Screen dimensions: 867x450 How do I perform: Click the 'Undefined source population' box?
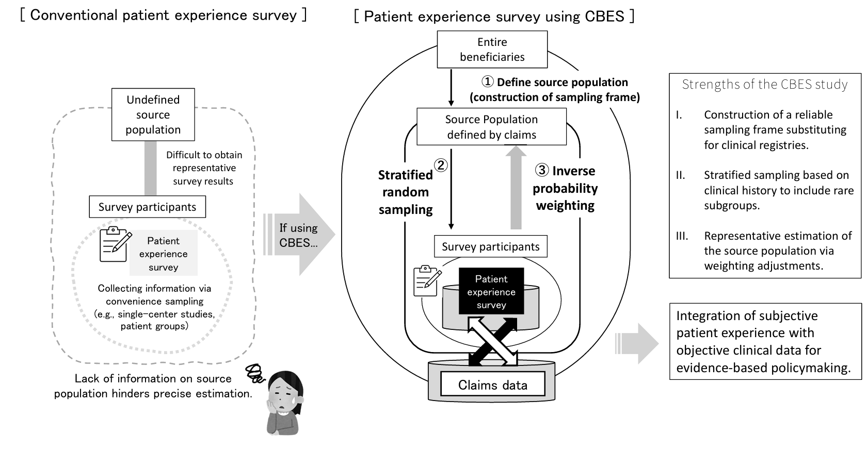[153, 114]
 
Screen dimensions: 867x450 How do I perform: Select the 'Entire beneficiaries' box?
[492, 49]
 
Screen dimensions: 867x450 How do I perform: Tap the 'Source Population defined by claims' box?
[491, 127]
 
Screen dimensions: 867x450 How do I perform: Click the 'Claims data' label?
[492, 385]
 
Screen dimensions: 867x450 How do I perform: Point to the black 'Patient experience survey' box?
[491, 291]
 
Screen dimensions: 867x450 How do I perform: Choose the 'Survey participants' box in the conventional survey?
[147, 207]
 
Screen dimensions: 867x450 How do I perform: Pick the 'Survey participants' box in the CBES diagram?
[490, 246]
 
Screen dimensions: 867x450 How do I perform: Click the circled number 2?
[441, 165]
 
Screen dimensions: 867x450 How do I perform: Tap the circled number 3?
[542, 170]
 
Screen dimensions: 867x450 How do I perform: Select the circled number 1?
[487, 81]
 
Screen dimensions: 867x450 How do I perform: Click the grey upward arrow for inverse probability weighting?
[516, 187]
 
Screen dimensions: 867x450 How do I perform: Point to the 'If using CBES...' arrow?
[299, 234]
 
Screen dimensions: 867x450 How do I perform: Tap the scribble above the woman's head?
[255, 373]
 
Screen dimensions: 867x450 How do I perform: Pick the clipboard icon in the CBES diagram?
[427, 281]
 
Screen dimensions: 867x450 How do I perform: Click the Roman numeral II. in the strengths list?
[680, 175]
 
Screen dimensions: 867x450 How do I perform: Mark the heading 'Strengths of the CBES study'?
[764, 85]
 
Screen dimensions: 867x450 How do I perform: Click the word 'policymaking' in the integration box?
[810, 368]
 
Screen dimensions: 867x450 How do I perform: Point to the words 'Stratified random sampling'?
[405, 192]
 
